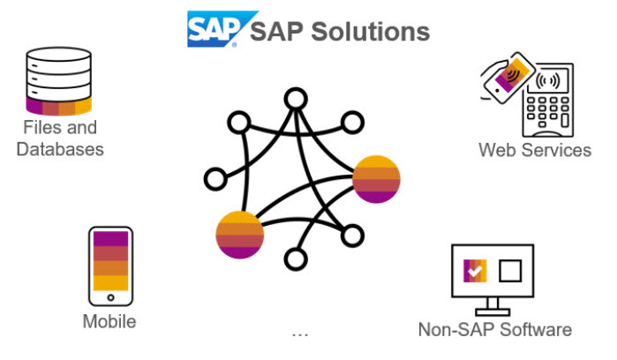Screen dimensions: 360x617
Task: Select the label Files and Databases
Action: click(x=60, y=139)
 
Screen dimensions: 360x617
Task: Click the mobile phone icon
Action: click(x=110, y=266)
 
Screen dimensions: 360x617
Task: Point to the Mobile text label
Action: click(x=109, y=321)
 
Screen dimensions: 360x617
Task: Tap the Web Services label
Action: click(x=535, y=150)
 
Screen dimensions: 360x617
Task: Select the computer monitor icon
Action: click(x=493, y=274)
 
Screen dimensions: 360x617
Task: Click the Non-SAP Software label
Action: click(x=494, y=330)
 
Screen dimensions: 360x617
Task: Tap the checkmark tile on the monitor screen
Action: click(x=475, y=271)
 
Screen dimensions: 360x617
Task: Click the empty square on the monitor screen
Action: click(x=511, y=270)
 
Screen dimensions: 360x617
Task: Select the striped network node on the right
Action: click(x=377, y=178)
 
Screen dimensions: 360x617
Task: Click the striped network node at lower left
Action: click(x=240, y=235)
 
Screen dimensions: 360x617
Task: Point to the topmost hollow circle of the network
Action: click(x=295, y=99)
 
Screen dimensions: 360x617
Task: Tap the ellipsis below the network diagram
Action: click(x=300, y=334)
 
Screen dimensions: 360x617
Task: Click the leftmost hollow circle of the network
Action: click(x=214, y=179)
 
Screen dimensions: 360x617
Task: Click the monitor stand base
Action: click(x=493, y=311)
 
